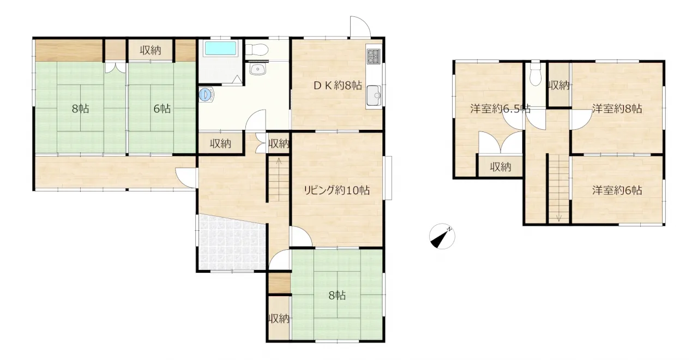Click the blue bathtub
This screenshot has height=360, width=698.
coord(220,49)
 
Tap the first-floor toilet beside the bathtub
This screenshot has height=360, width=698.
coord(256,50)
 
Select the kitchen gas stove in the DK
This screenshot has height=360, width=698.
coord(374,56)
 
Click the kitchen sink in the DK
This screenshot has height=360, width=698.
coord(374,95)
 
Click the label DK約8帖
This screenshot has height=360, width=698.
coord(338,86)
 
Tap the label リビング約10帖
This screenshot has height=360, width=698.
coord(337,190)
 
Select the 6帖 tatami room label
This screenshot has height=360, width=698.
coord(162,109)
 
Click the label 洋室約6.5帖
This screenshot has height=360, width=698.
coord(500,109)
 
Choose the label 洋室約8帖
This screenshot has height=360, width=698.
coord(617,109)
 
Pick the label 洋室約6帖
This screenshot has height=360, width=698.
coord(617,190)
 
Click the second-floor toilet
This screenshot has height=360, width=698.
coord(535,74)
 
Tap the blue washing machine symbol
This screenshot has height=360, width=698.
coord(206,94)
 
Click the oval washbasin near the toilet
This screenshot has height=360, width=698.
coord(257,70)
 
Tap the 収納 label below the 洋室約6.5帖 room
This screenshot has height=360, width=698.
coord(501,167)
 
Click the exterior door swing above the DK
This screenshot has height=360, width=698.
coord(360,27)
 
